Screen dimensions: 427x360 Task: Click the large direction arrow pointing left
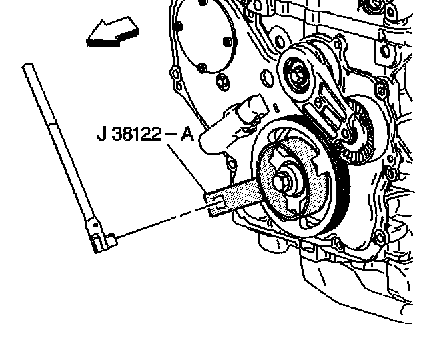(113, 33)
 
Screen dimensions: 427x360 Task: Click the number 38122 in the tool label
(137, 134)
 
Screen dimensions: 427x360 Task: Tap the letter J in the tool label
(101, 134)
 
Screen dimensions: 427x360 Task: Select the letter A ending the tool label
(187, 134)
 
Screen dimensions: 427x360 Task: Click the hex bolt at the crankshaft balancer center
(280, 181)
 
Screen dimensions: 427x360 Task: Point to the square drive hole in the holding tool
(218, 200)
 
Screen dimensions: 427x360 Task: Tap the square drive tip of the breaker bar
(112, 239)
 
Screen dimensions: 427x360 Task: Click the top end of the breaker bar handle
(27, 65)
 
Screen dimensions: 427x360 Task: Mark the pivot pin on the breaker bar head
(96, 225)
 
